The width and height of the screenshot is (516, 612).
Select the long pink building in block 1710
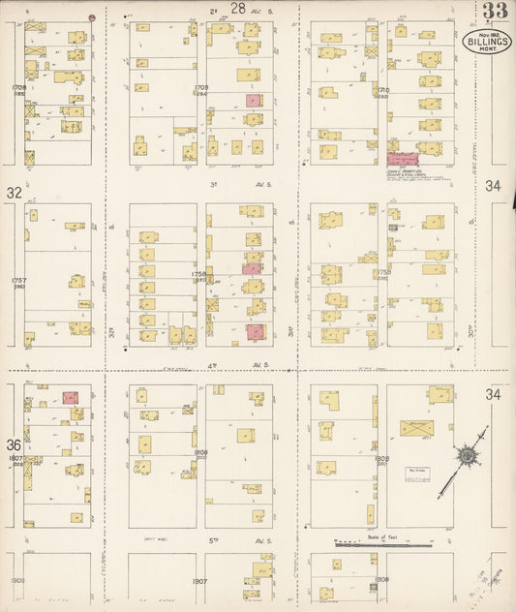point(402,157)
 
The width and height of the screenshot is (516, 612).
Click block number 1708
point(18,88)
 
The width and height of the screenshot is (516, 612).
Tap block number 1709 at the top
point(201,88)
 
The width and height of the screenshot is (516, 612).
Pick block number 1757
point(18,281)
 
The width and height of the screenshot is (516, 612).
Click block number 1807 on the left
point(15,457)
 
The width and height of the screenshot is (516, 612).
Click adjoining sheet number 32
point(14,193)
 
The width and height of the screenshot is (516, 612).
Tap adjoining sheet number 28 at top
point(237,8)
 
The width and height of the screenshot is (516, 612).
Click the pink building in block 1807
point(70,397)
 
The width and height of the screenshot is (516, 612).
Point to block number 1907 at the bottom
point(200,582)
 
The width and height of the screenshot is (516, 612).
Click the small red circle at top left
point(92,17)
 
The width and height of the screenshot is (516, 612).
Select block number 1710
point(382,88)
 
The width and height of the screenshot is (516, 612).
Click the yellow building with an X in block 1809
point(416,427)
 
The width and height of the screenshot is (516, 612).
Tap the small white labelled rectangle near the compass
point(416,474)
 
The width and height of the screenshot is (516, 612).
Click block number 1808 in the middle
point(200,451)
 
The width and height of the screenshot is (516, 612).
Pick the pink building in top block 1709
point(253,100)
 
